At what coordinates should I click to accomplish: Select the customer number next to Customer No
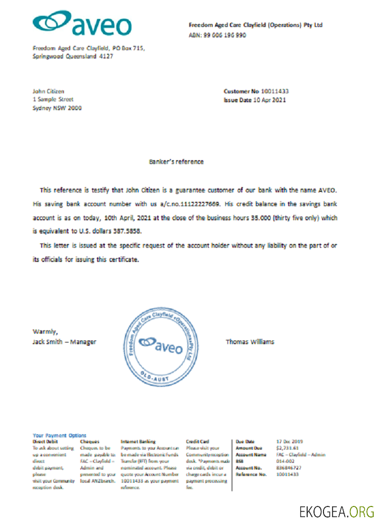(271, 91)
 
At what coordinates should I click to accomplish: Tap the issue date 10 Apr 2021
(269, 100)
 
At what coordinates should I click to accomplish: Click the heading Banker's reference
(176, 162)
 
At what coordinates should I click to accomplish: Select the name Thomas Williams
(250, 341)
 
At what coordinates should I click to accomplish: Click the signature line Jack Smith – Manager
(64, 341)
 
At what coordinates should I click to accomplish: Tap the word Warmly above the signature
(44, 331)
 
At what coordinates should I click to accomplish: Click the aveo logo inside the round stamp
(160, 346)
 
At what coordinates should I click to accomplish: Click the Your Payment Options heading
(59, 435)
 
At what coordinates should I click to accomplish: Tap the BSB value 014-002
(286, 461)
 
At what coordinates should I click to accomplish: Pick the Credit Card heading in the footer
(197, 441)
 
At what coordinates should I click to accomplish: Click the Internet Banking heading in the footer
(138, 441)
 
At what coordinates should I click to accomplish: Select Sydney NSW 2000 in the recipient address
(57, 108)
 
